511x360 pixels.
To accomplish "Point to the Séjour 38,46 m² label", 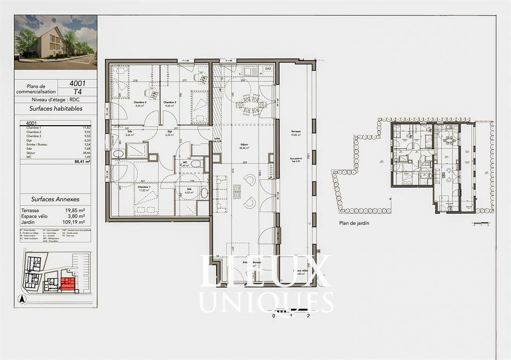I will (x=245, y=147).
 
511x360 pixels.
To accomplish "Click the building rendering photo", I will (x=55, y=42).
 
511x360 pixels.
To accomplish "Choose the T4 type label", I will (x=78, y=92).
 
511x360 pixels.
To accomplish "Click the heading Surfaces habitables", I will (x=55, y=108).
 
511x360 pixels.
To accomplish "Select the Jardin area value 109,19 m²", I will (x=74, y=222).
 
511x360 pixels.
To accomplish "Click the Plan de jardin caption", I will (x=354, y=223).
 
